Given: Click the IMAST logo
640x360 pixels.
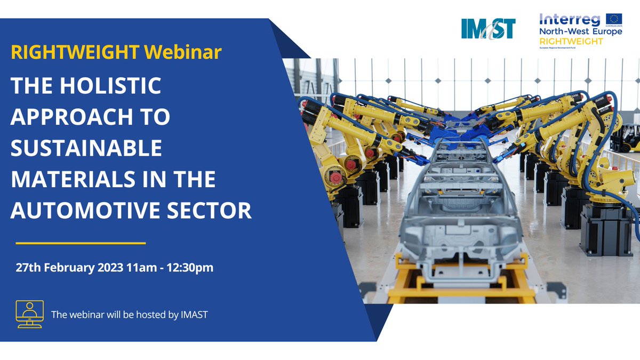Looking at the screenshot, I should click(x=488, y=28).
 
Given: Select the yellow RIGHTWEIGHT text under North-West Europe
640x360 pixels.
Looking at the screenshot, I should click(x=570, y=41).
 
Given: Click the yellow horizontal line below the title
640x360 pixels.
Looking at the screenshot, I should click(x=81, y=243).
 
